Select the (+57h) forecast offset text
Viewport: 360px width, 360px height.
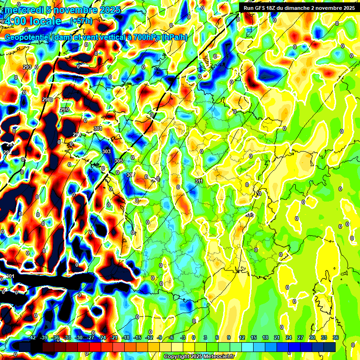pos(81,21)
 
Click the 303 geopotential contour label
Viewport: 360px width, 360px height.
pos(106,151)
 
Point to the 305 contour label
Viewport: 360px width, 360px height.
pos(118,161)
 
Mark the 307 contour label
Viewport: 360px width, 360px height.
pos(130,175)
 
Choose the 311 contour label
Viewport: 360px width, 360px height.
pos(199,181)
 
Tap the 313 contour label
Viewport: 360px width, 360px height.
pos(249,215)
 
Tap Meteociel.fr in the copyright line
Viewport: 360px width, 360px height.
pos(217,357)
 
